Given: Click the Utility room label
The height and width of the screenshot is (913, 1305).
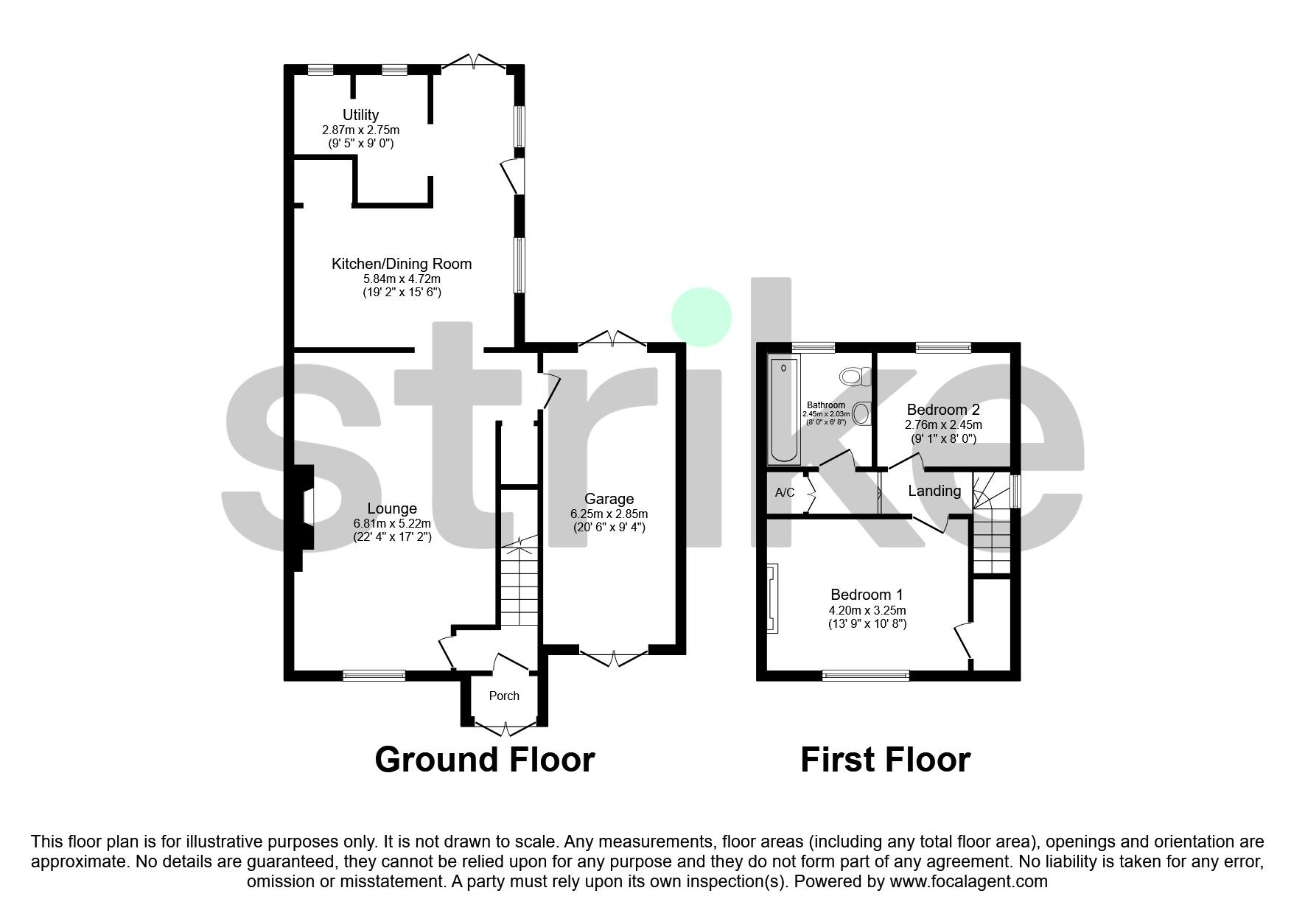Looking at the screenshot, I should click(360, 115).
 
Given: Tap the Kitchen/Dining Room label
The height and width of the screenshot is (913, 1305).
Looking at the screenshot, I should click(402, 264).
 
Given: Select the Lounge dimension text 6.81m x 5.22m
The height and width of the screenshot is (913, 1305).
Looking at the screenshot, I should click(392, 523).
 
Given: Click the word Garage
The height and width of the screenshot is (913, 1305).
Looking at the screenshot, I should click(609, 499).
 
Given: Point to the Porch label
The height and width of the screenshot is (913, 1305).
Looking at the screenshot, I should click(504, 696).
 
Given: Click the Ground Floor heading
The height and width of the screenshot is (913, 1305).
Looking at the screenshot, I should click(484, 760).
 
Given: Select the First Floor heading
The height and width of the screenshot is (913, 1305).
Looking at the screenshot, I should click(885, 760).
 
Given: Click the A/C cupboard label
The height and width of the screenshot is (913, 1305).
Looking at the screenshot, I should click(785, 492).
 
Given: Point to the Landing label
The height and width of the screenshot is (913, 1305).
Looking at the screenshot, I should click(934, 491).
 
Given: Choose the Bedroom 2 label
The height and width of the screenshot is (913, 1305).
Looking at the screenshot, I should click(943, 410).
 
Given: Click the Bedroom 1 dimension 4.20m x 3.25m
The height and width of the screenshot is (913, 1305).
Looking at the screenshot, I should click(867, 610).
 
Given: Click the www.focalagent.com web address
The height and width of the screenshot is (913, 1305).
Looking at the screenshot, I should click(968, 881).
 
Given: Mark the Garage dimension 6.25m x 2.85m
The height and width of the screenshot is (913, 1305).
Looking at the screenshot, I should click(609, 514).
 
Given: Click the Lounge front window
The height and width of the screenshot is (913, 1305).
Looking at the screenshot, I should click(374, 674).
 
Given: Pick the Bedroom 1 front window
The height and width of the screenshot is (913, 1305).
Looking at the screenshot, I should click(866, 674).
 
